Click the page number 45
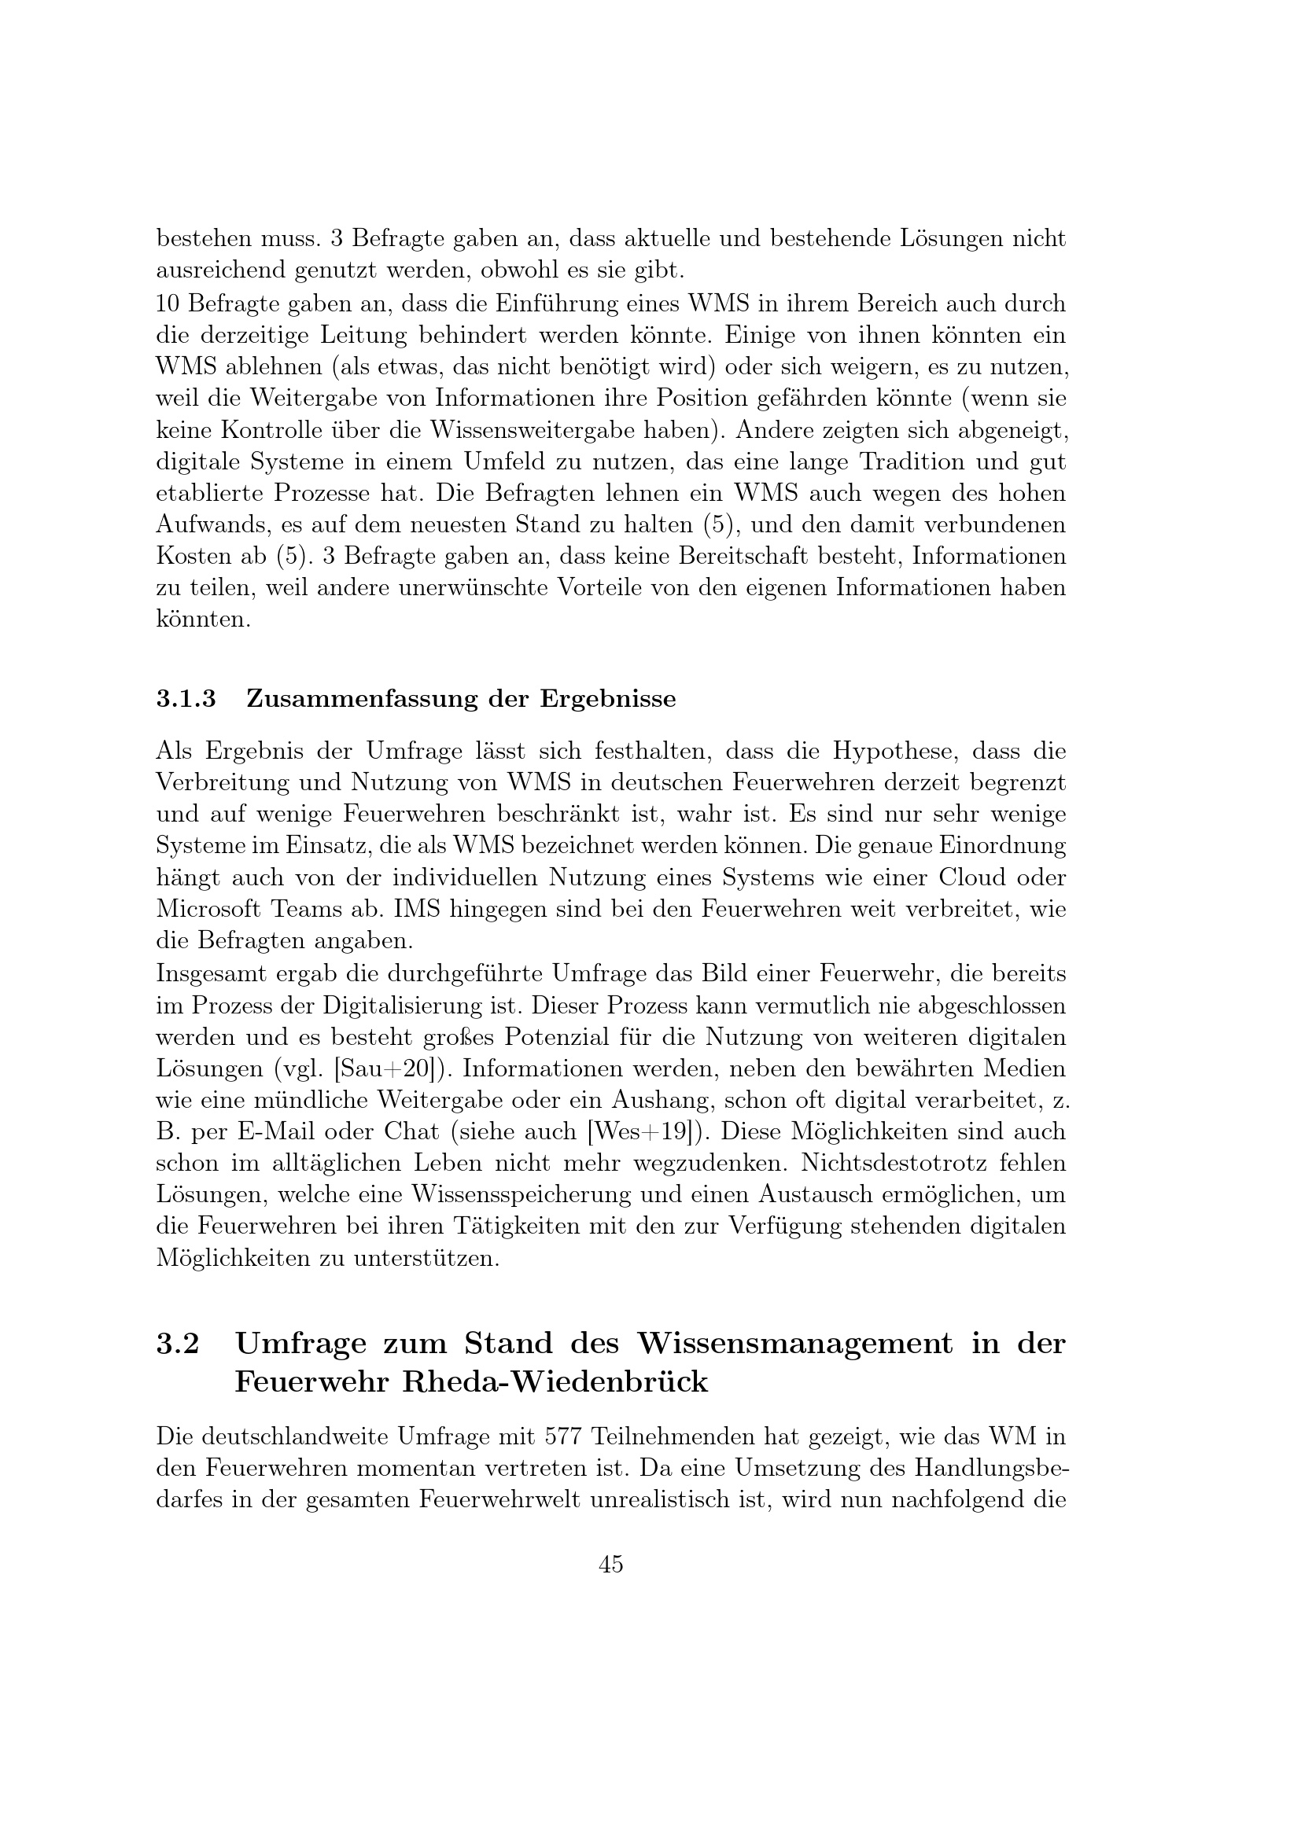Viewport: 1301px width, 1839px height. (x=610, y=1565)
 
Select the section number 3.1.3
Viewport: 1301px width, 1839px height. (x=186, y=698)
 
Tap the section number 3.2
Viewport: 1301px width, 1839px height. (x=177, y=1343)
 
